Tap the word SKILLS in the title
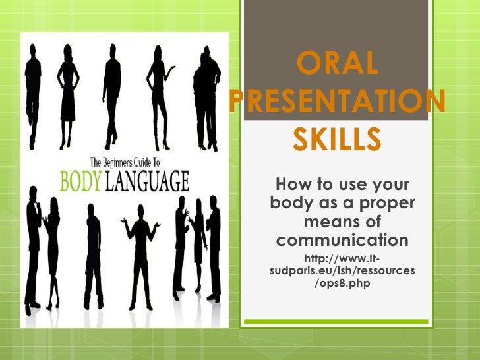[x=338, y=139]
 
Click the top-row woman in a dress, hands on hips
[x=67, y=92]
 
